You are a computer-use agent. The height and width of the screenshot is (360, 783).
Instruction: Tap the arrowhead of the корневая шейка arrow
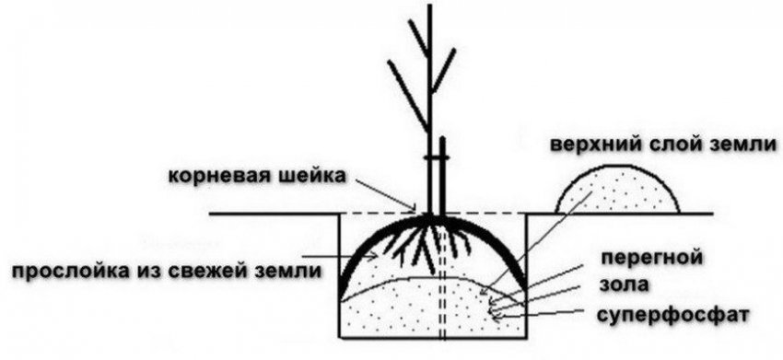click(x=416, y=211)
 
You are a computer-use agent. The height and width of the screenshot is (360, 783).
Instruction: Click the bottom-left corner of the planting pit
click(x=341, y=336)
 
